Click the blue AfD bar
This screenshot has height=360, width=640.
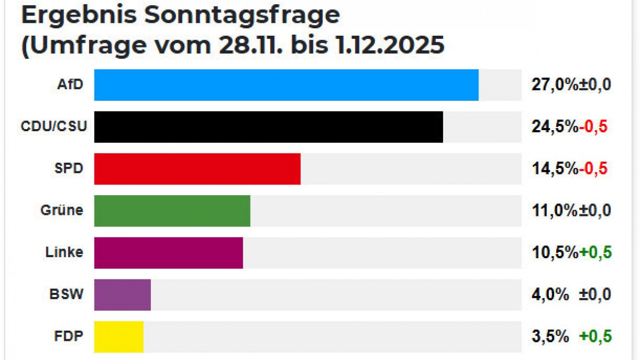click(286, 85)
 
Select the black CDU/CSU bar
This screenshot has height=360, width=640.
click(268, 127)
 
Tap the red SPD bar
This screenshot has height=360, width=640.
click(197, 169)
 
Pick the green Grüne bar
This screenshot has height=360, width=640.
click(172, 211)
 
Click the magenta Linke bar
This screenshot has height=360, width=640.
click(169, 253)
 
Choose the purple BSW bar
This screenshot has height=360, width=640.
click(123, 294)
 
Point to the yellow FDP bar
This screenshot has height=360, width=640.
click(119, 337)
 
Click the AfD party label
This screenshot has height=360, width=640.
click(70, 84)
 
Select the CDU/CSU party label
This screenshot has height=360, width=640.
click(53, 126)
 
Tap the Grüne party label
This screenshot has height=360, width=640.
click(62, 210)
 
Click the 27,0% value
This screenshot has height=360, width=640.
click(555, 84)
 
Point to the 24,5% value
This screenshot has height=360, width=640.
click(555, 126)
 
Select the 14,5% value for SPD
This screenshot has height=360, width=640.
click(555, 169)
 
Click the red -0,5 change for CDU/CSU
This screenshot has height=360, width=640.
click(594, 126)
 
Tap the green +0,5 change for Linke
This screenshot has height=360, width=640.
click(595, 253)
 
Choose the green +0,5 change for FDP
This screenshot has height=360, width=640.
click(595, 337)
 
